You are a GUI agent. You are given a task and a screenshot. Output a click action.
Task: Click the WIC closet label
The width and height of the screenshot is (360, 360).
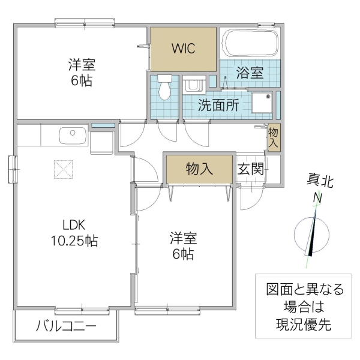184,49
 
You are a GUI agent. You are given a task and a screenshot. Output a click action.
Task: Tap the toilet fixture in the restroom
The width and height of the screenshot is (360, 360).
165,85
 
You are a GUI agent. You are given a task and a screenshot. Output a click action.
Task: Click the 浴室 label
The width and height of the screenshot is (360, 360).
250,73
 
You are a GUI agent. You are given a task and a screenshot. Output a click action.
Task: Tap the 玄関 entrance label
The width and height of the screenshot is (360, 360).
250,169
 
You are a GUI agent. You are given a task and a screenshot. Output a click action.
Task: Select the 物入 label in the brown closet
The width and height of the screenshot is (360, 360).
199,169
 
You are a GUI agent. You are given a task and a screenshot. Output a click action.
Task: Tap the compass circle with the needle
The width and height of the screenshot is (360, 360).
312,234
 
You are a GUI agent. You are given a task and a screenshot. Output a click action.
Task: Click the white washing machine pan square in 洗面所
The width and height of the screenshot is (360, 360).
262,104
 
